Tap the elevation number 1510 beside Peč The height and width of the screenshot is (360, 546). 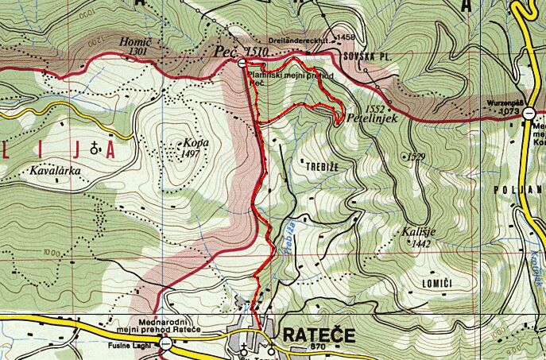point(256,52)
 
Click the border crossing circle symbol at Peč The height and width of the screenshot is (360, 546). point(241,63)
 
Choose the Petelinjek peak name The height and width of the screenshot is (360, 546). point(378,116)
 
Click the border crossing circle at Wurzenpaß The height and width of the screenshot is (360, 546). point(529,114)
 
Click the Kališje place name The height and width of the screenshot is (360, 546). point(416,233)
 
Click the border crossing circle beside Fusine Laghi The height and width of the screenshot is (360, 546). point(165,343)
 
